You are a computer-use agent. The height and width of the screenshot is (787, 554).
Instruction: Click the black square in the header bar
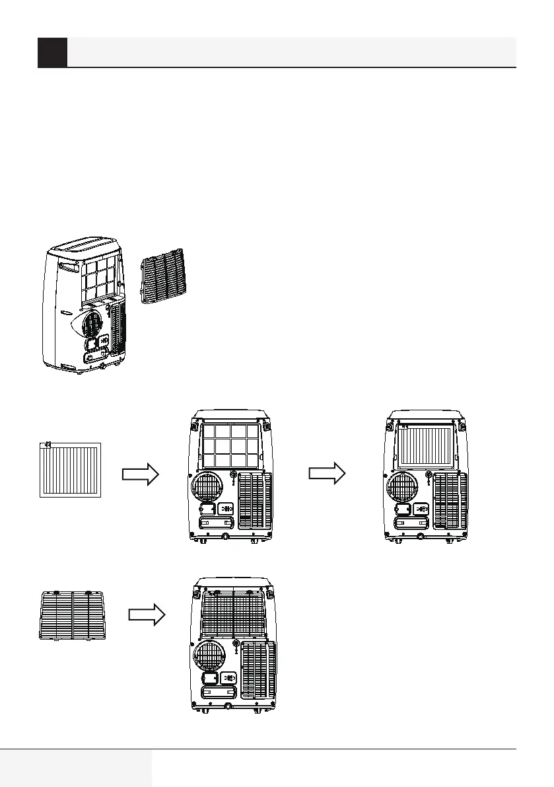point(52,52)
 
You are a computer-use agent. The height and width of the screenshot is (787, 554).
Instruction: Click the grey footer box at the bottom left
point(76,768)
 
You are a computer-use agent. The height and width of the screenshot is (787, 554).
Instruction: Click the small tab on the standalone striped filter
point(48,445)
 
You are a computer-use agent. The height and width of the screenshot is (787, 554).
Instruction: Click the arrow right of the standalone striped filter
point(141,473)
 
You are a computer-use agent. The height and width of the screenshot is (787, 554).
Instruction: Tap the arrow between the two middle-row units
point(328,473)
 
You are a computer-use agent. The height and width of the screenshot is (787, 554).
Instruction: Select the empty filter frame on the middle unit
point(231,445)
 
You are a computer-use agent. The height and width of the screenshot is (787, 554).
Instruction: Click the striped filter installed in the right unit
point(426,445)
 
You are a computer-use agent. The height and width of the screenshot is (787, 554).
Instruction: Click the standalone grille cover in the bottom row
point(73,615)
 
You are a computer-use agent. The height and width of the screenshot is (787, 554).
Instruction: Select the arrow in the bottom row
point(146,615)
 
